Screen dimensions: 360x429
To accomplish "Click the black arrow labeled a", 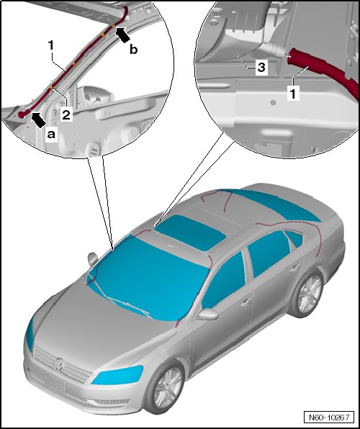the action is [x=39, y=120].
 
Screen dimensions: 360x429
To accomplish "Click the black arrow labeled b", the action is [x=122, y=35].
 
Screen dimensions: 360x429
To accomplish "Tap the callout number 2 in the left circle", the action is [x=66, y=114].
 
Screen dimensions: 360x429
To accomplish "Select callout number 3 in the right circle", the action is [x=261, y=67].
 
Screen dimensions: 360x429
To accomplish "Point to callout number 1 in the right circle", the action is [x=292, y=94].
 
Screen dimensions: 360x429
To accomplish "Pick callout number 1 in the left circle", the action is [x=51, y=45].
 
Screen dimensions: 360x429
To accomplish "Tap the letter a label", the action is [x=51, y=135].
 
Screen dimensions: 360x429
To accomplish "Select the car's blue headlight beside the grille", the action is [x=117, y=375].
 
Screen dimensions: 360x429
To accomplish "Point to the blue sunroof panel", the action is [x=191, y=232].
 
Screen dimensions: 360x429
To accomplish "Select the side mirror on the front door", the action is [x=207, y=314].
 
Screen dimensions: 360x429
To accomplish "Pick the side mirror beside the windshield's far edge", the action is [x=93, y=259].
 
